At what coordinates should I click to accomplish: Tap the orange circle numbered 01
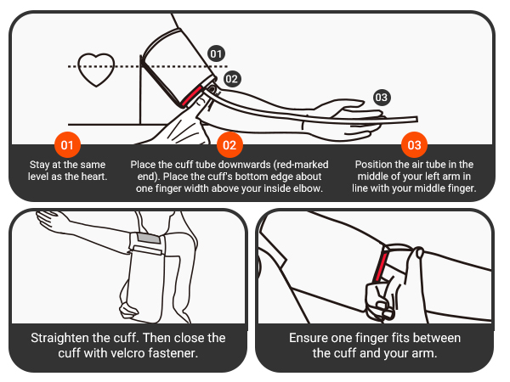tap(69, 143)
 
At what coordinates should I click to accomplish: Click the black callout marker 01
tap(216, 53)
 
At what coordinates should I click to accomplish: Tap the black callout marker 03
tap(382, 98)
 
